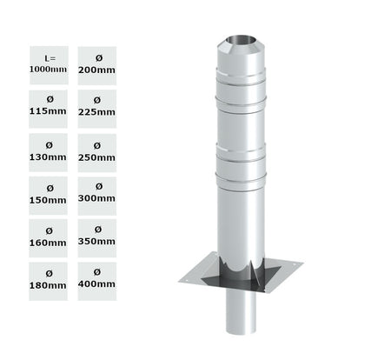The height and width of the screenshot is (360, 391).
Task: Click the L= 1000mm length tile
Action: (49, 63)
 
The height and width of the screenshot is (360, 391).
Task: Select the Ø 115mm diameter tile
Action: (49, 106)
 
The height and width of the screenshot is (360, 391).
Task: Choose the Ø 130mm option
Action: (49, 150)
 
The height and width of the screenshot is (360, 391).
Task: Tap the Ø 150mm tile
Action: (49, 193)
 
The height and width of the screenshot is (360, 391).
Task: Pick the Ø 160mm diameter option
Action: (49, 237)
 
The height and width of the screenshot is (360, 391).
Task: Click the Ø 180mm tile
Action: (49, 280)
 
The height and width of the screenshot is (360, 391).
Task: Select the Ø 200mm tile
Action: (96, 63)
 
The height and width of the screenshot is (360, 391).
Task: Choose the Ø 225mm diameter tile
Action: (96, 106)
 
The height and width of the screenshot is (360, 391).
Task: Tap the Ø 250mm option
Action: (96, 150)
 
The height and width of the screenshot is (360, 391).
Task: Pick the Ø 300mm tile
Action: (96, 193)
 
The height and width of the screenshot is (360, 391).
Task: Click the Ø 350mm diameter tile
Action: (96, 237)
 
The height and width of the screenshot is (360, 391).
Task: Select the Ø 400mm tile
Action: (96, 280)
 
